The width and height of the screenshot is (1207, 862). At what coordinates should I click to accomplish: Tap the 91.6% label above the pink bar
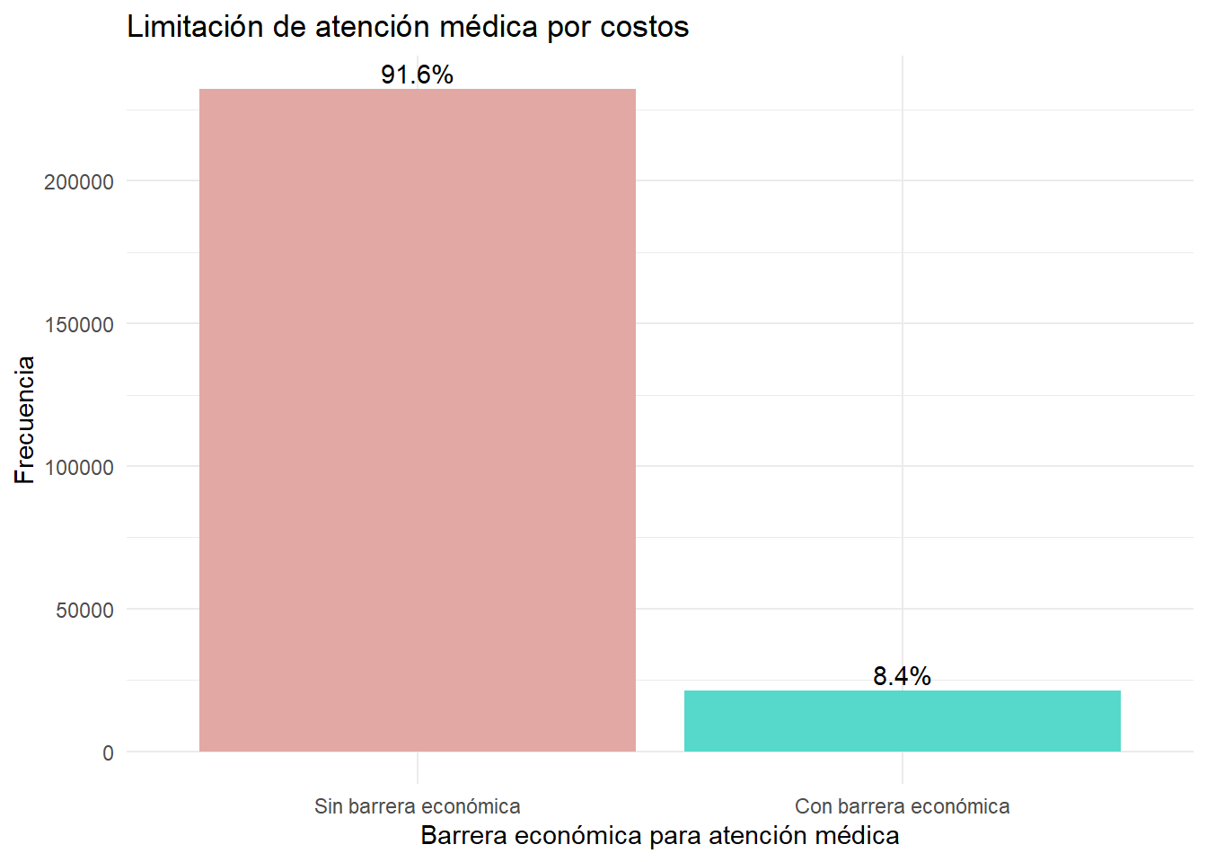point(417,75)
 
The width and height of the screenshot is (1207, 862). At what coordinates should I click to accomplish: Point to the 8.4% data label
point(902,676)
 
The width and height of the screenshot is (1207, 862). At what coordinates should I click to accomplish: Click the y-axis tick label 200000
point(79,182)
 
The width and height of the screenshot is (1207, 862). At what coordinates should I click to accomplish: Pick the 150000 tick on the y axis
point(79,325)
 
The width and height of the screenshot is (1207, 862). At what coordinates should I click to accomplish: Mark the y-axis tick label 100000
point(79,468)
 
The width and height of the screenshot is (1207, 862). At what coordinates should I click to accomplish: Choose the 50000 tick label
point(84,611)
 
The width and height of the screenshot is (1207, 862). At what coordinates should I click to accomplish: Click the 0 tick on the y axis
point(108,753)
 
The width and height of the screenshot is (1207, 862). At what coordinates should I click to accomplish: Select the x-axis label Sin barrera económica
point(417,806)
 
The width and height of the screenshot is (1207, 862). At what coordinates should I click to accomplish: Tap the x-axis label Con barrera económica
point(902,806)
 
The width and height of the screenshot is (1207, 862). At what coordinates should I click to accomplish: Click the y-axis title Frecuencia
point(25,420)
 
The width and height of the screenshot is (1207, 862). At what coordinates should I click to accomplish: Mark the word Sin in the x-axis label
point(328,806)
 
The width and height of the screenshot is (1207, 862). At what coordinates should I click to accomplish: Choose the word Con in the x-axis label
point(813,806)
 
